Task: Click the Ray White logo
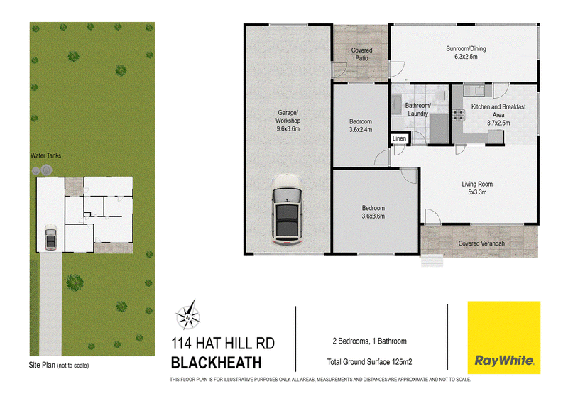(x=504, y=337)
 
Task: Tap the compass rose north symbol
(x=188, y=315)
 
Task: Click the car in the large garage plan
(x=287, y=210)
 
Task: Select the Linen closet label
(x=399, y=138)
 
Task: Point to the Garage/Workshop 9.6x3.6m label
(x=288, y=121)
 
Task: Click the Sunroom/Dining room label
(x=466, y=53)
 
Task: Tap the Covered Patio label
(x=361, y=54)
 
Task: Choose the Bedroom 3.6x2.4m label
(x=361, y=126)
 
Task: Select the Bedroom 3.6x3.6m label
(x=373, y=212)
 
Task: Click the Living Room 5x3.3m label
(x=477, y=188)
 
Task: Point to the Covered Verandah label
(x=481, y=243)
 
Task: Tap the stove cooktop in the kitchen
(x=458, y=115)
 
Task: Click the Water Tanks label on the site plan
(x=45, y=155)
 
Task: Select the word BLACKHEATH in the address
(x=217, y=363)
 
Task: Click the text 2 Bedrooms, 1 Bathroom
(x=369, y=341)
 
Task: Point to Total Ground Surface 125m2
(x=369, y=361)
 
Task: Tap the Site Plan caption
(x=59, y=365)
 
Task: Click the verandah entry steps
(x=432, y=260)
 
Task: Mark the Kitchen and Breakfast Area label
(x=498, y=115)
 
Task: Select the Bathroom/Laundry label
(x=417, y=109)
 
